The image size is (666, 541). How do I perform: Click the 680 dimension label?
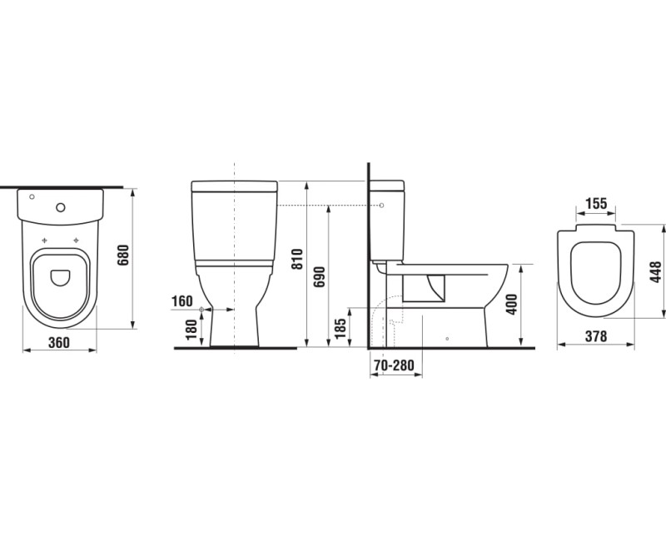point(122,255)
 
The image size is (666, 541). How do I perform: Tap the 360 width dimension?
point(58,342)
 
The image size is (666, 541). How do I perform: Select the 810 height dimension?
point(297,259)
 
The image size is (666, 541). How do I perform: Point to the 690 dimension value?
point(320,276)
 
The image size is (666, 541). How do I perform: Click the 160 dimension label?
point(181,301)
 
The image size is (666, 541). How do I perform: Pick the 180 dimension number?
point(191,329)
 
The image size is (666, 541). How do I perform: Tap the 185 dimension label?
point(340,329)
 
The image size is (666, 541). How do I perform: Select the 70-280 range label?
point(394,365)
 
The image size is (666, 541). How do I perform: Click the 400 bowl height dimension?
point(512,304)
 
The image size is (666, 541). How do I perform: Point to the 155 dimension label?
point(596,204)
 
